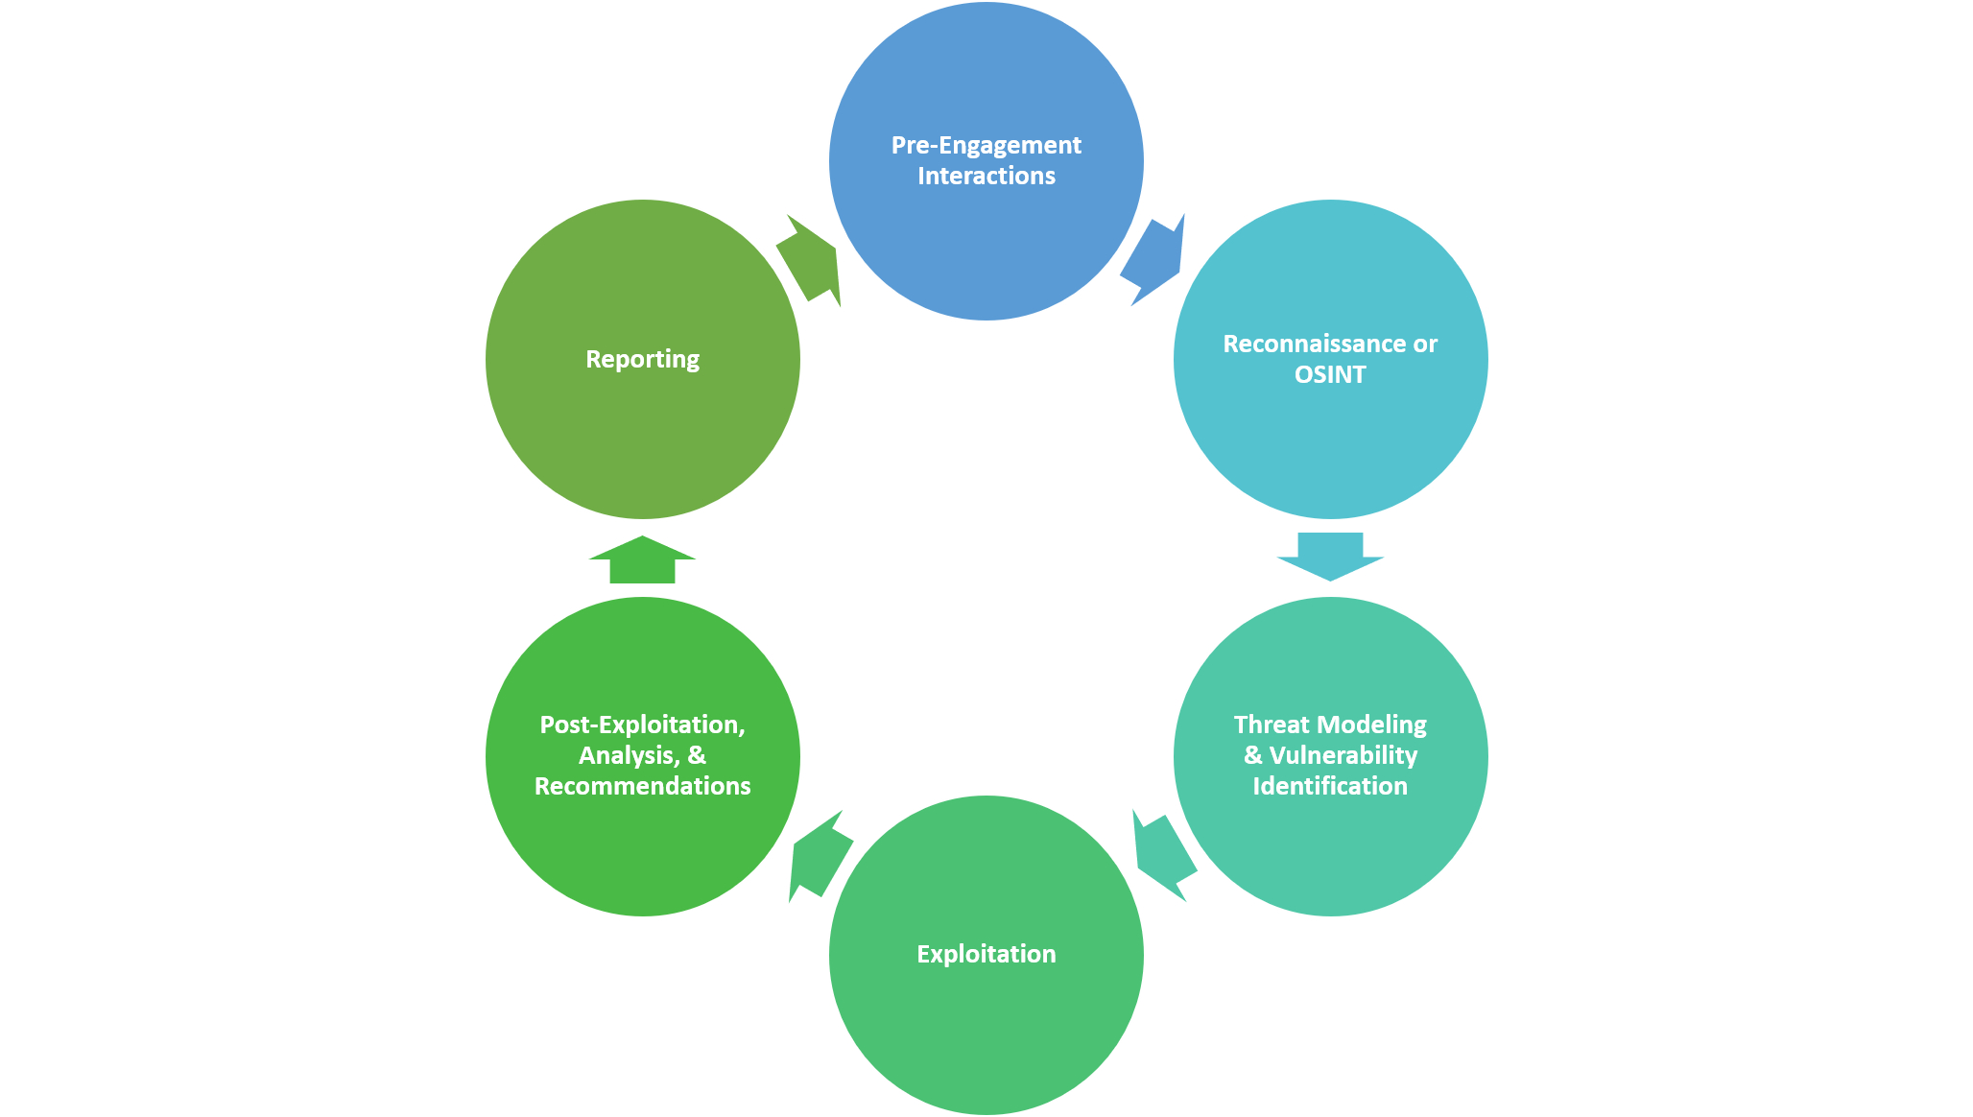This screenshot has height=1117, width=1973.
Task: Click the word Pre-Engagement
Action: (x=986, y=146)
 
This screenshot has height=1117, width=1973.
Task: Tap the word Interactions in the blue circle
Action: (x=986, y=177)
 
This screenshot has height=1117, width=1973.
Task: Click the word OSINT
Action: (x=1329, y=375)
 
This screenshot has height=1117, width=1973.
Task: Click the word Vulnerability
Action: (x=1343, y=755)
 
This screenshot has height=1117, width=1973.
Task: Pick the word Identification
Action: (x=1329, y=786)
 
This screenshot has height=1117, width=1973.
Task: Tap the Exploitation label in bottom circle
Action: (x=986, y=954)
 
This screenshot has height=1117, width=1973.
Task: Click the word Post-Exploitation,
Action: (x=642, y=725)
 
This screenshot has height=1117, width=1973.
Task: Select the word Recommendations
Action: (x=642, y=786)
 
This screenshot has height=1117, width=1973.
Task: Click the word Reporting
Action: (x=642, y=359)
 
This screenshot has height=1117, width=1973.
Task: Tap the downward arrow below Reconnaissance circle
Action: (x=1330, y=556)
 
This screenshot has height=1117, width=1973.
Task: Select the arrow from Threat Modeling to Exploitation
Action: (x=1162, y=855)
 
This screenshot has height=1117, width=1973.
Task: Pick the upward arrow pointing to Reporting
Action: (x=642, y=560)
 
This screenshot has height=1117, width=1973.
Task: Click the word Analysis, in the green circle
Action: (x=629, y=755)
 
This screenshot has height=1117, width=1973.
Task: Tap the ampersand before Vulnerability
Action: (x=1252, y=755)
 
